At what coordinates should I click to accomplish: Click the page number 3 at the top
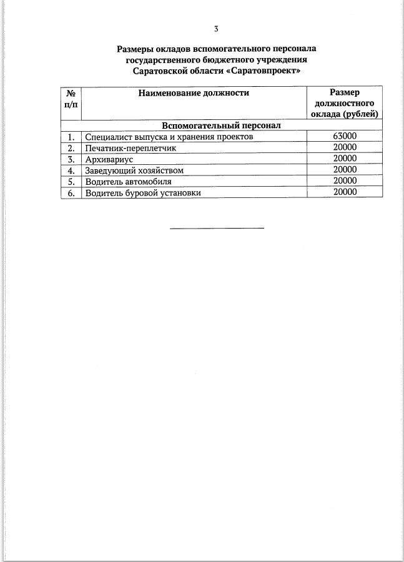point(216,29)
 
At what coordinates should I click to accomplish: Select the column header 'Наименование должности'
point(194,93)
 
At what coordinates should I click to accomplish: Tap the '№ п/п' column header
point(71,98)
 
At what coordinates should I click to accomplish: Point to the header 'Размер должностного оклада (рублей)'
point(345,103)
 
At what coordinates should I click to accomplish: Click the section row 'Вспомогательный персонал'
point(221,126)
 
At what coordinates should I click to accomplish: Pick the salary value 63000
point(345,137)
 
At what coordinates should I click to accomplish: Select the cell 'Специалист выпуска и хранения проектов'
point(169,137)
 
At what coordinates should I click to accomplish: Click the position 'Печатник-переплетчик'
point(131,148)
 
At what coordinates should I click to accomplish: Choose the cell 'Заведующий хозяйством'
point(134,170)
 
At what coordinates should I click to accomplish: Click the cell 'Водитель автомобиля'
point(128,182)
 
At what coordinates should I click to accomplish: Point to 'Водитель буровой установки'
point(143,193)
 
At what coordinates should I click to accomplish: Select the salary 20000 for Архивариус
point(345,159)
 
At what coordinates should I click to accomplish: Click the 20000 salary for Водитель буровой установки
point(345,192)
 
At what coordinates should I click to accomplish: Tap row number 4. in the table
point(71,170)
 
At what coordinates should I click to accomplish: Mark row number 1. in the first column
point(71,137)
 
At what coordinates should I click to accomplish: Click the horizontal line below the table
point(217,228)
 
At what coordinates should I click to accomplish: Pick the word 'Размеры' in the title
point(135,48)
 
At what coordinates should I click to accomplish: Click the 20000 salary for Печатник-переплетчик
point(345,147)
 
